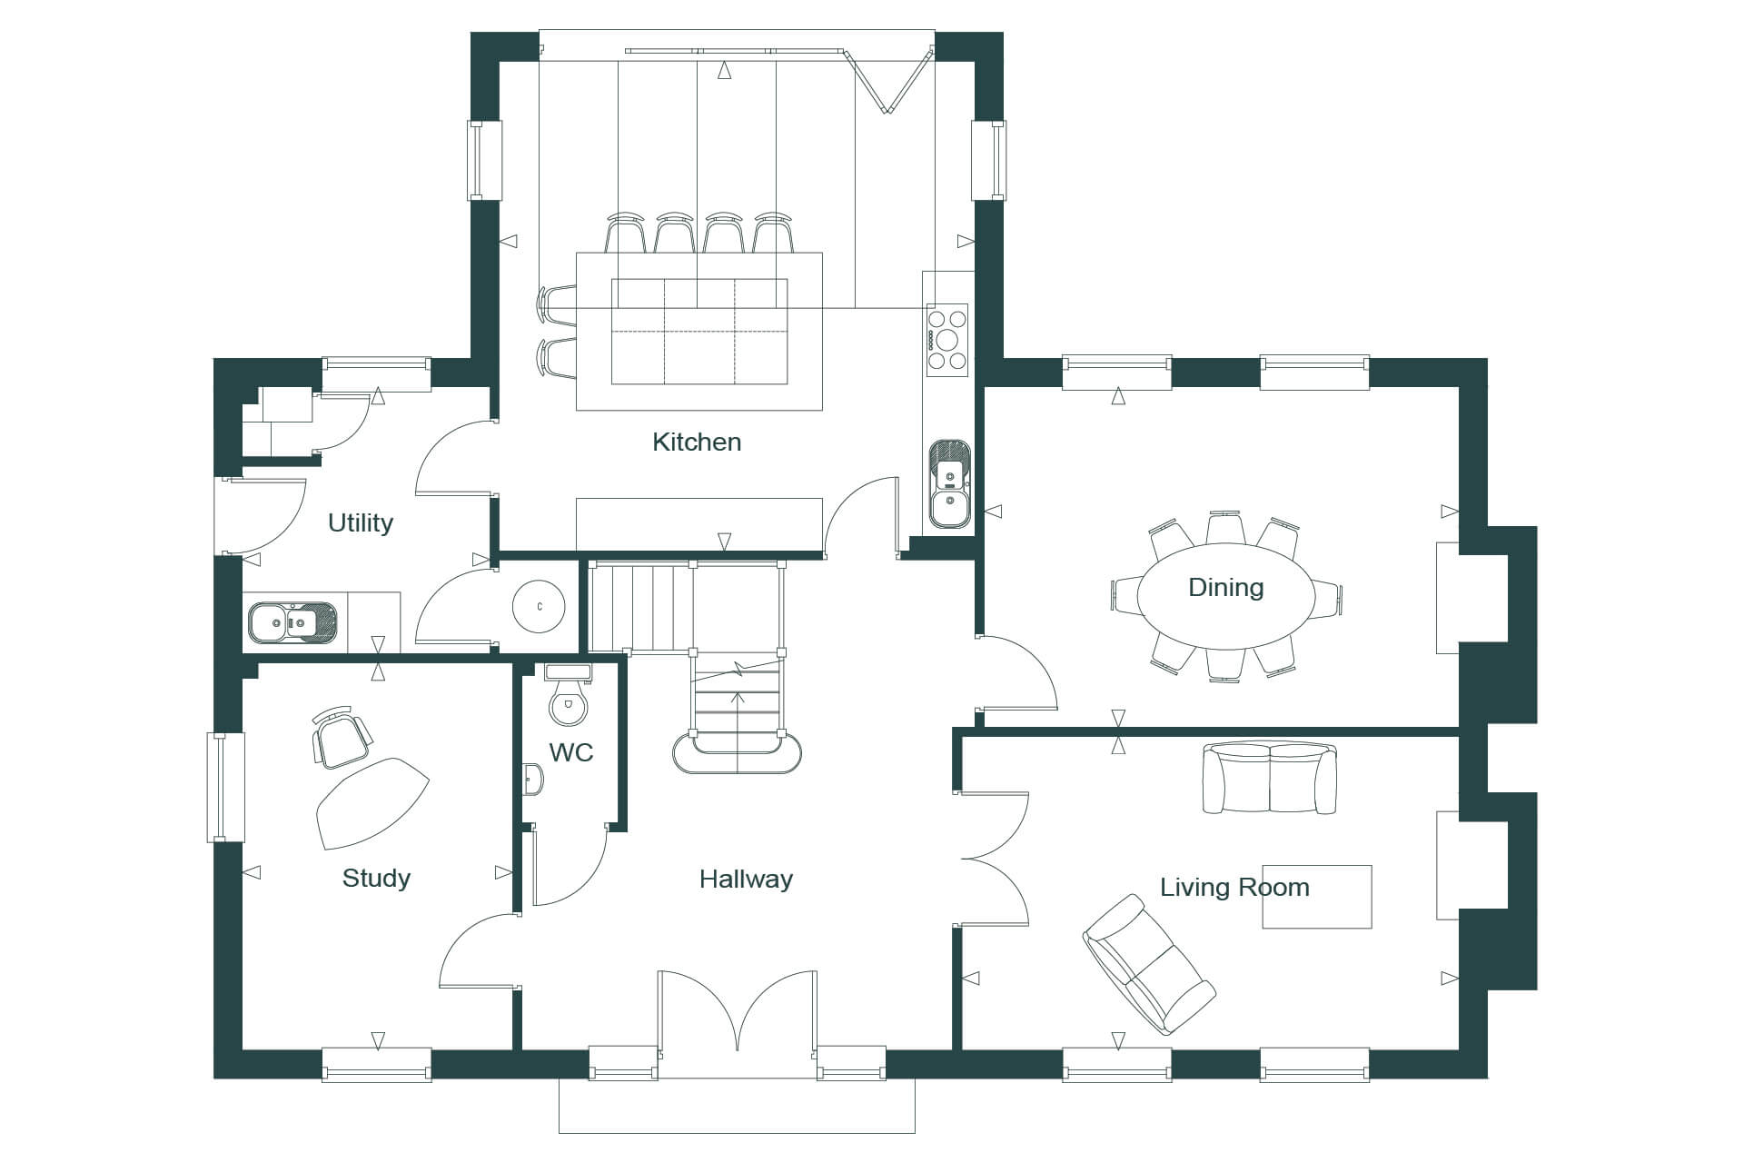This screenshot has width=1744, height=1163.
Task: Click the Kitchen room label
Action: [697, 442]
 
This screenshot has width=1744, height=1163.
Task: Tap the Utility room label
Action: [361, 523]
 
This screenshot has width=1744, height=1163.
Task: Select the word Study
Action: [376, 879]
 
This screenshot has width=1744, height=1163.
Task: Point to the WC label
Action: [571, 752]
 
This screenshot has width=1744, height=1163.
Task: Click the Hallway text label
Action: [746, 880]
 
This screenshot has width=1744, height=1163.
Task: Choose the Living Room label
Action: [1234, 888]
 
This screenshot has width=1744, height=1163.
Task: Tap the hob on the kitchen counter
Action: [947, 340]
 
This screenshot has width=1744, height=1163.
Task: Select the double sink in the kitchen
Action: [950, 485]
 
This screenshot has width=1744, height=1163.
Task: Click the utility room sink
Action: [293, 622]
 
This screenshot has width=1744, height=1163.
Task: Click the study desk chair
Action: [341, 735]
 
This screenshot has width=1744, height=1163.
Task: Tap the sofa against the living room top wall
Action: [1270, 779]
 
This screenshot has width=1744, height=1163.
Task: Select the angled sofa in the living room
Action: [1149, 965]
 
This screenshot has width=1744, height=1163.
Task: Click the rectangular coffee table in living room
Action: [1316, 897]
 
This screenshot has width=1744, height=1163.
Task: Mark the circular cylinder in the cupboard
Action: [539, 606]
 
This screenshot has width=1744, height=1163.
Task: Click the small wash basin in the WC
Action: [532, 779]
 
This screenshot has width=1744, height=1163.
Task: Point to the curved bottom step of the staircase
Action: [737, 753]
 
